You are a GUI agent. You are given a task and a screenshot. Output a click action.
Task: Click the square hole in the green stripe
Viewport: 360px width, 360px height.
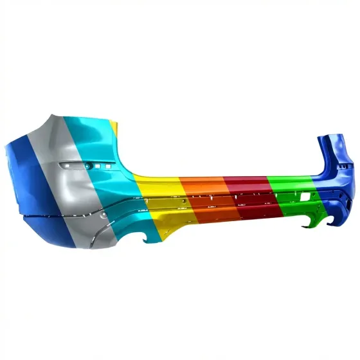[x=297, y=193]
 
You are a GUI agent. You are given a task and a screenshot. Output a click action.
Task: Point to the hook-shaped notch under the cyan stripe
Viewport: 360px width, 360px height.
[x=152, y=240]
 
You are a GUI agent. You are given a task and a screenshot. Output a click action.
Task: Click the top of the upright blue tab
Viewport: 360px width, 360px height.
[x=331, y=138]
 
